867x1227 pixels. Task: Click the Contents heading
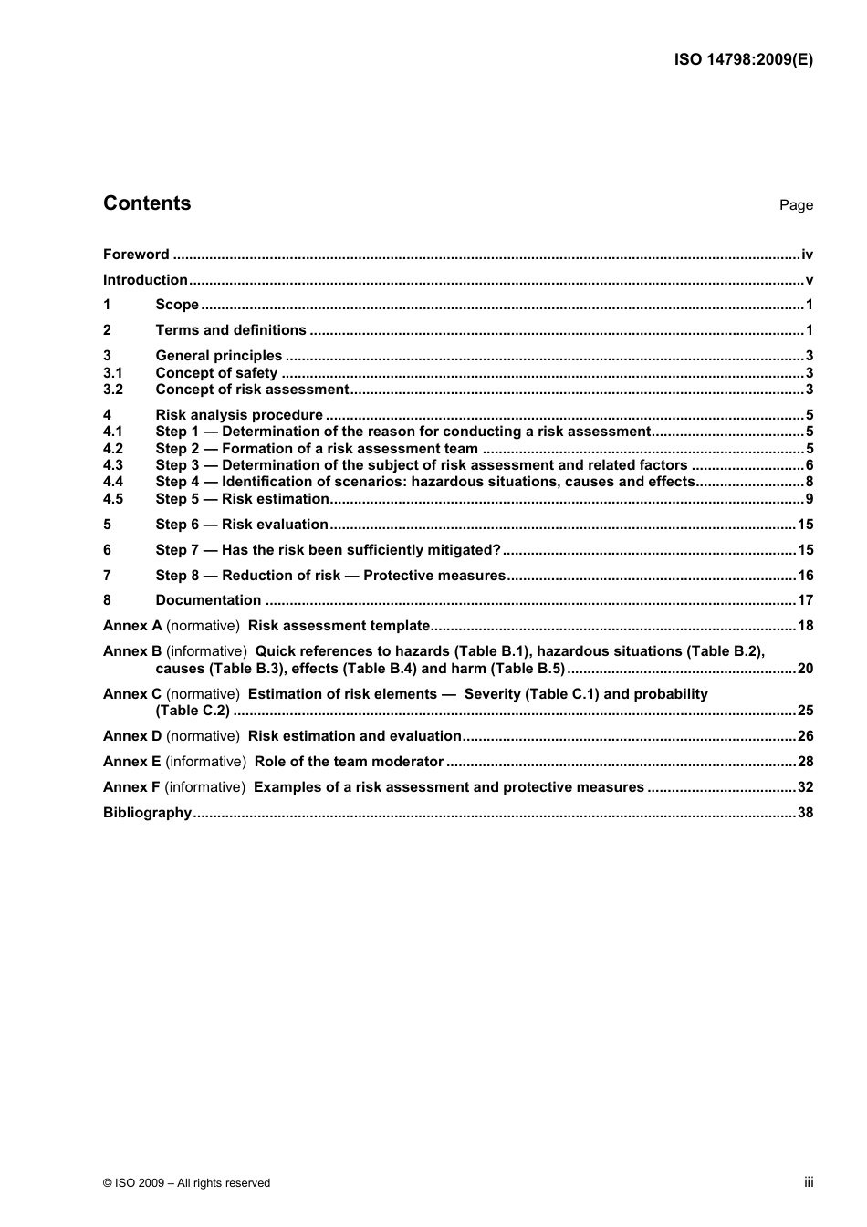tap(147, 203)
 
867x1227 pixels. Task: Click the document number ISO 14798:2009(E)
tap(743, 60)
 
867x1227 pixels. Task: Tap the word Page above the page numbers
tap(796, 205)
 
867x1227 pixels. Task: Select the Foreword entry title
tap(136, 255)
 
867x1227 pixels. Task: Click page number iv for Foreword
tap(807, 255)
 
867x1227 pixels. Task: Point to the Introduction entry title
tap(145, 280)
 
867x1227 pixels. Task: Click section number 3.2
tap(113, 390)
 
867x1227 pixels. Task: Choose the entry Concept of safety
tap(216, 373)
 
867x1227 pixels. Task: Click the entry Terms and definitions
tap(231, 330)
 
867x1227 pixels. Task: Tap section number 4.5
tap(113, 499)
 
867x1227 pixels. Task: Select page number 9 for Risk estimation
tap(810, 499)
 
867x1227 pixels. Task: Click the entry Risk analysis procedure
tap(239, 415)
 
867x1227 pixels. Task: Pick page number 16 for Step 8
tap(805, 576)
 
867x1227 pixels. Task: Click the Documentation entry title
tap(208, 600)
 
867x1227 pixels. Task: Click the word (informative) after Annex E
tap(205, 762)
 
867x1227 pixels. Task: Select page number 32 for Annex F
tap(805, 787)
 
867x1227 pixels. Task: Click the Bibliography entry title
tap(147, 813)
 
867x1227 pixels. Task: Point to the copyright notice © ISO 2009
tap(186, 1183)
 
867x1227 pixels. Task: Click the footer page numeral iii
tap(809, 1182)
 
